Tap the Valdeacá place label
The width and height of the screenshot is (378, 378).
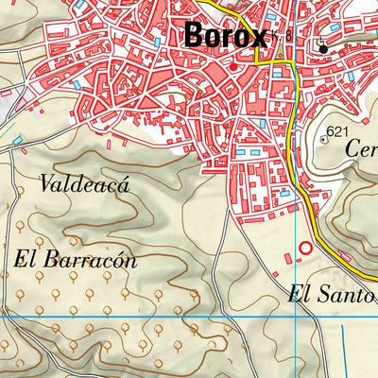[x=84, y=184]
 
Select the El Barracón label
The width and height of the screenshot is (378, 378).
[x=76, y=259]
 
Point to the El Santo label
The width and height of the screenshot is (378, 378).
[x=332, y=295]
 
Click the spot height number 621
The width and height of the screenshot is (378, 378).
[x=337, y=130]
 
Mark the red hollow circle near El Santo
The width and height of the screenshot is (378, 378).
[x=304, y=249]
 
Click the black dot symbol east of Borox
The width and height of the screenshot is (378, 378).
[x=322, y=47]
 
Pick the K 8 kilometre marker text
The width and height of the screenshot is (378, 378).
[x=281, y=36]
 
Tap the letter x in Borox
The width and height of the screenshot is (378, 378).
[x=258, y=36]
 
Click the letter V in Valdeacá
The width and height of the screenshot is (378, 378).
[x=47, y=184]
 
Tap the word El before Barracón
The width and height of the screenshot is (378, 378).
[x=26, y=259]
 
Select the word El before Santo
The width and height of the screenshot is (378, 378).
[x=300, y=295]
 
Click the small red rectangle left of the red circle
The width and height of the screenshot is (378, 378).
[x=289, y=254]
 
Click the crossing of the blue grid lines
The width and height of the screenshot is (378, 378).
[x=297, y=316]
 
